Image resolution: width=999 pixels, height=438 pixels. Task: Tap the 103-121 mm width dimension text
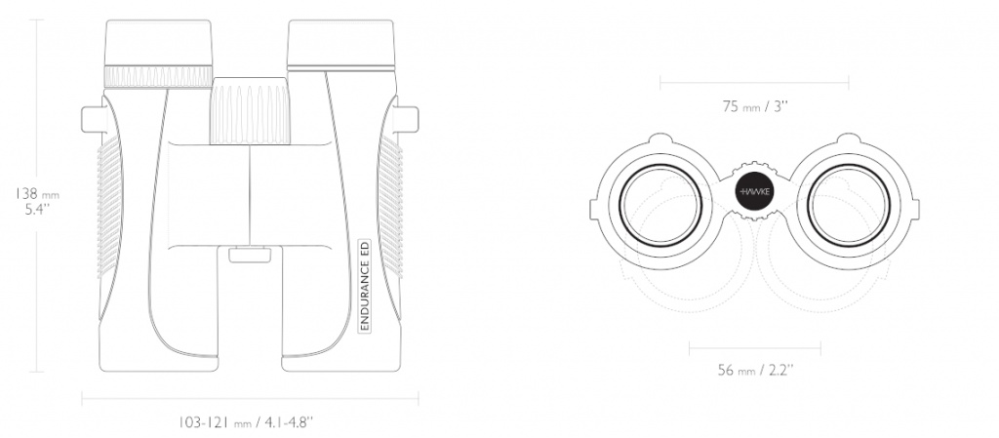tap(245, 422)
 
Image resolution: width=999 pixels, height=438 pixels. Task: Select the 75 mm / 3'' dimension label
tap(755, 106)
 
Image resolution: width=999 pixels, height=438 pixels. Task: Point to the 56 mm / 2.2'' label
tap(755, 370)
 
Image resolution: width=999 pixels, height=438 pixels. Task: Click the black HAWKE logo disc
tap(755, 191)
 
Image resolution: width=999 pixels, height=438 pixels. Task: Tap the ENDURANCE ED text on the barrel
tap(365, 285)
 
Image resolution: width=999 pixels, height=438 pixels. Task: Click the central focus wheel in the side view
tap(250, 110)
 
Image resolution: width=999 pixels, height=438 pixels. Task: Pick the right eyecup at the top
tap(340, 45)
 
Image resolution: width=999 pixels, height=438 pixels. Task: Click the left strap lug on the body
tap(93, 120)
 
